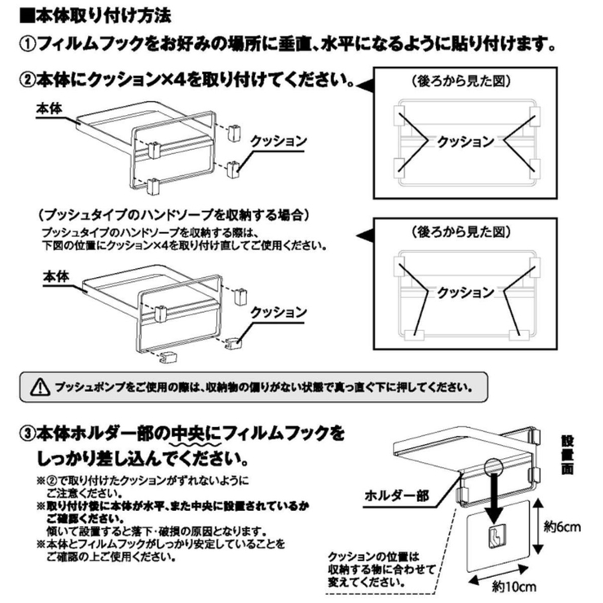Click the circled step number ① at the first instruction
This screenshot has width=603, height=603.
click(x=27, y=42)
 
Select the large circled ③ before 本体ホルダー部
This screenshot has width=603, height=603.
click(x=28, y=430)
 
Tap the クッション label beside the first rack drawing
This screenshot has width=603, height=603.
click(x=279, y=141)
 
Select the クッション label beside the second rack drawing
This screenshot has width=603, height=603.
click(x=279, y=312)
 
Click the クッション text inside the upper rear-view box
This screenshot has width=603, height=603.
click(x=465, y=141)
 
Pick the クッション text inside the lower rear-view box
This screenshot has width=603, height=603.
click(x=465, y=292)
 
